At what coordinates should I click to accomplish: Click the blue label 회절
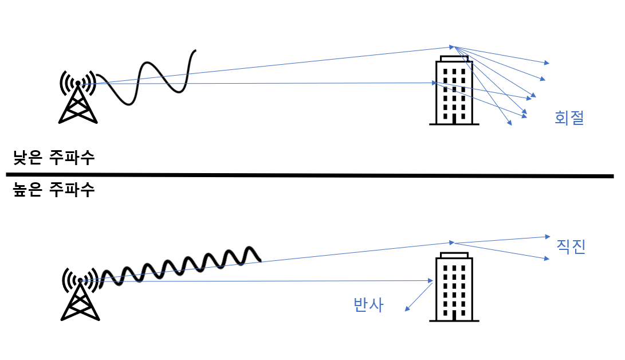[569, 118]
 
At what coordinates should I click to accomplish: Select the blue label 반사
[368, 305]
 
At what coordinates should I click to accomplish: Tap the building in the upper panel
[454, 92]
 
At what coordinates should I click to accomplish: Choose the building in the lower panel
[454, 287]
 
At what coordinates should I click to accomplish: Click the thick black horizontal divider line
[309, 175]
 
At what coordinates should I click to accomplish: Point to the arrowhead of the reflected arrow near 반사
[407, 310]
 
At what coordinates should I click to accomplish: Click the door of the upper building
[454, 119]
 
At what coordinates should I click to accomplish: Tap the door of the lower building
[454, 315]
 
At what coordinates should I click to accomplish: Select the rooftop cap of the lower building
[454, 254]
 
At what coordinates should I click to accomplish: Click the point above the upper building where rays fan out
[453, 46]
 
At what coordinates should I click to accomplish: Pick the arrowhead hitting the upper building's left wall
[434, 83]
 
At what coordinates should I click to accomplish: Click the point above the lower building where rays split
[454, 242]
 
